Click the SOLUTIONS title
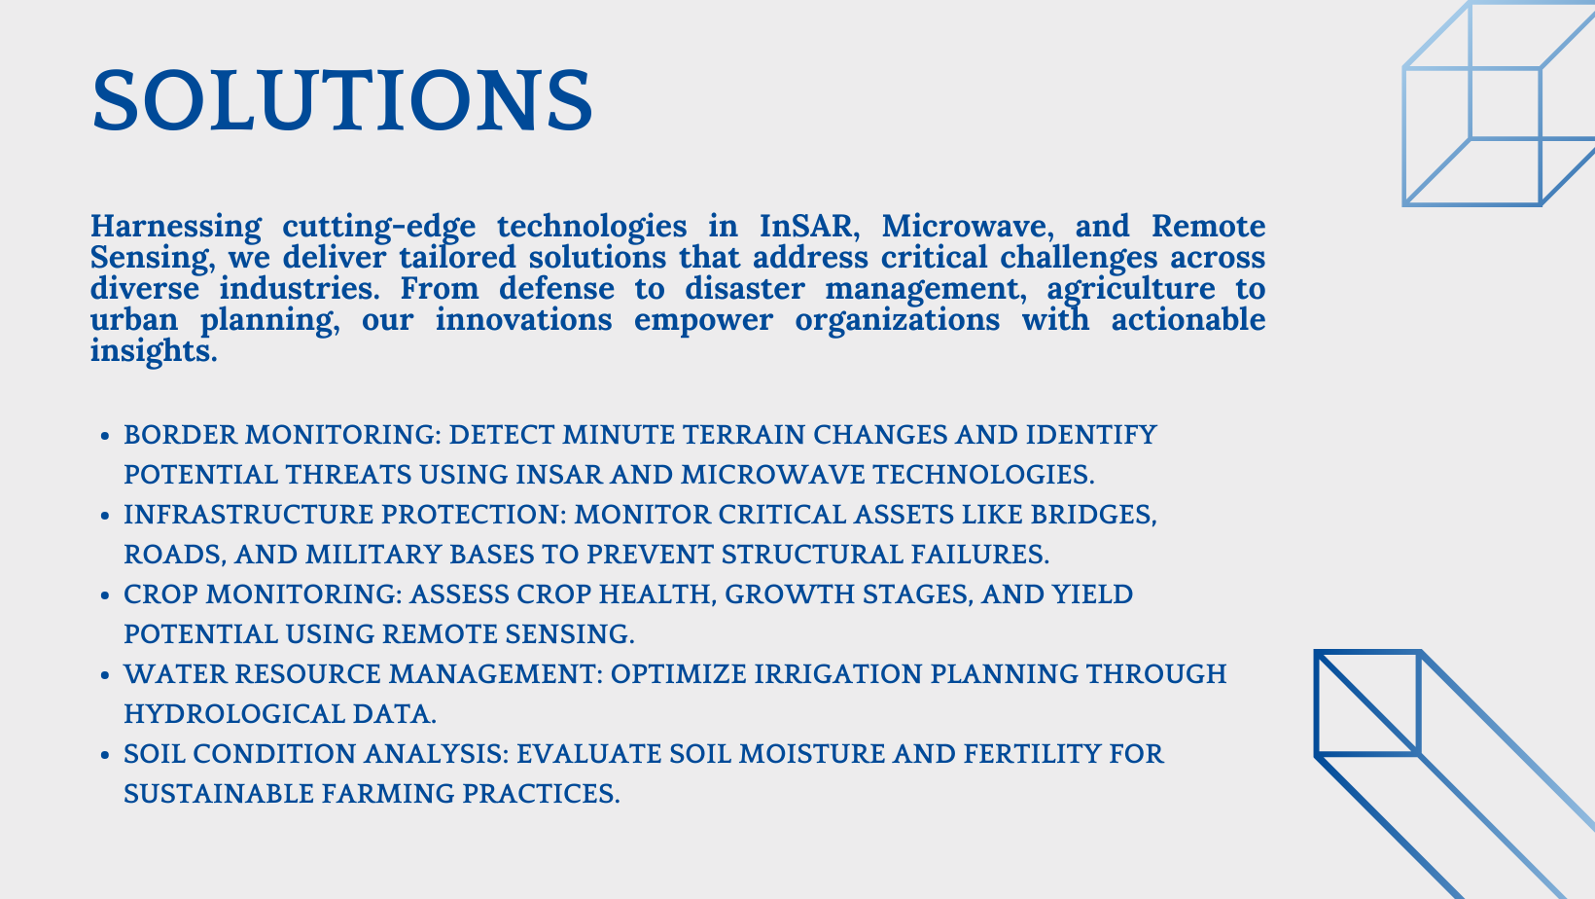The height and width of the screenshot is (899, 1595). tap(342, 100)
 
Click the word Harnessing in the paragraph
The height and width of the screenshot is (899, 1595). tap(176, 228)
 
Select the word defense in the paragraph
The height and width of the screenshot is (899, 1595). tap(556, 289)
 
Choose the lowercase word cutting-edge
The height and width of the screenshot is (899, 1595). tap(379, 228)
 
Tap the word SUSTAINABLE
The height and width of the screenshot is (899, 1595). tap(219, 794)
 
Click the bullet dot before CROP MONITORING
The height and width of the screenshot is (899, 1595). tap(105, 595)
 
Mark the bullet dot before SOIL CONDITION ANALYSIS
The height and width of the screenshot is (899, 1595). tap(105, 755)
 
